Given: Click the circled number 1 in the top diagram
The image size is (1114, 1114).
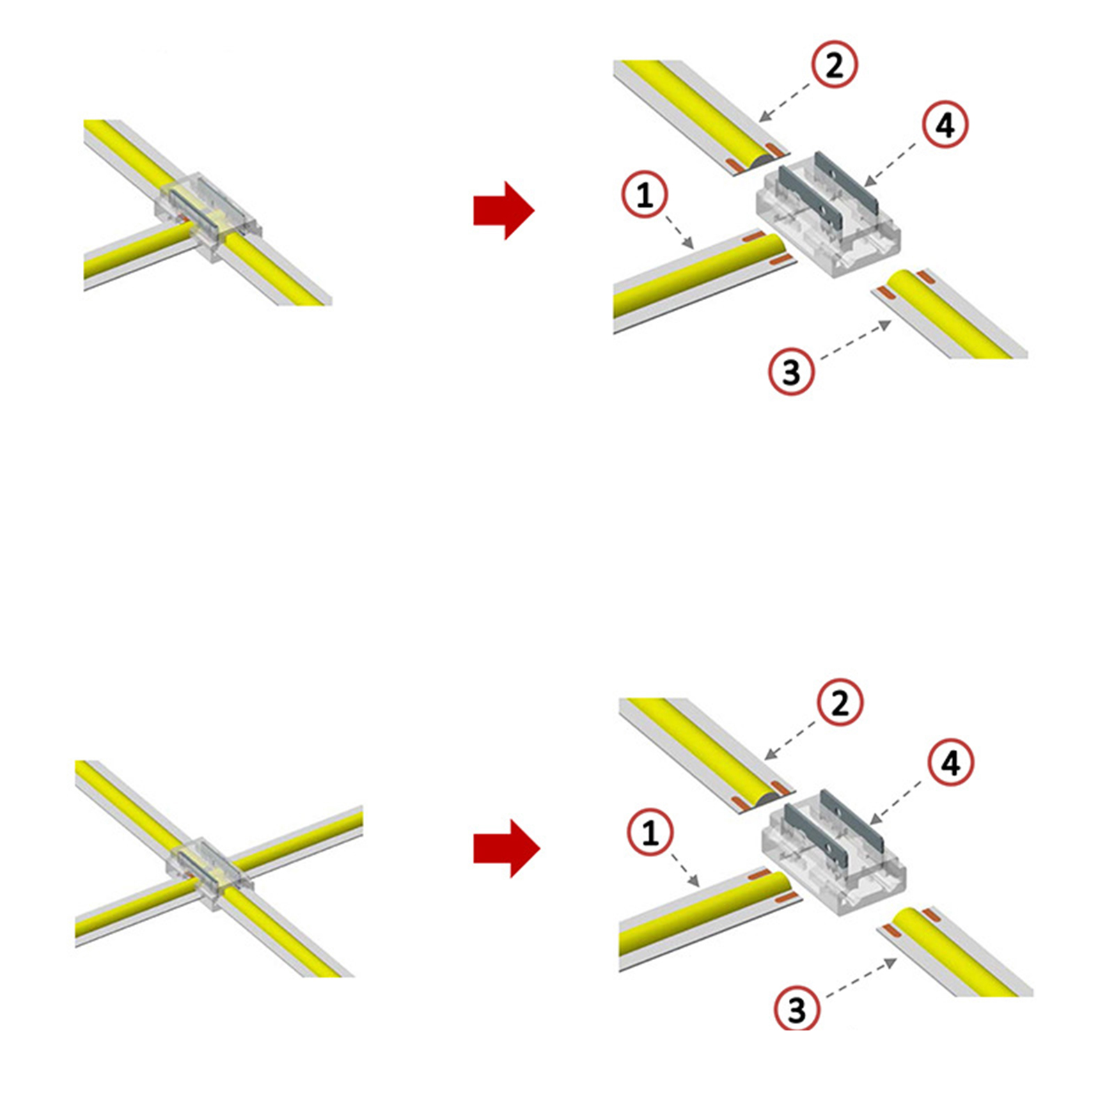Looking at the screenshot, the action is click(645, 194).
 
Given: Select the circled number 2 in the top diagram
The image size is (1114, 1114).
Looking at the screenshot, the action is click(834, 65).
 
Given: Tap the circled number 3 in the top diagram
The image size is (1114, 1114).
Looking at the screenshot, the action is click(792, 372).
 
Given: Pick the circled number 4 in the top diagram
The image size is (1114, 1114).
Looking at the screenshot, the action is click(946, 125).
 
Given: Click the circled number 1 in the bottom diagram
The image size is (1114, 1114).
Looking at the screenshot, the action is click(650, 832).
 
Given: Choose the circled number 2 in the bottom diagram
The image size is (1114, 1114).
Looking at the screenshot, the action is click(840, 703).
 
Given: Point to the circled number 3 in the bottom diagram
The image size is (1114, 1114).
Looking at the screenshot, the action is click(797, 1010).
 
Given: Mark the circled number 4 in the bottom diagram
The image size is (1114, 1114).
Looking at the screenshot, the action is click(951, 763).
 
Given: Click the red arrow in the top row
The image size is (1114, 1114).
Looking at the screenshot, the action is click(503, 210).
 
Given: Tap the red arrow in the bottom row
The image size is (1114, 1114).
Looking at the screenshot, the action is click(506, 848).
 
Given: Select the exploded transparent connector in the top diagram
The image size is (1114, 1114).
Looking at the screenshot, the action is click(829, 214).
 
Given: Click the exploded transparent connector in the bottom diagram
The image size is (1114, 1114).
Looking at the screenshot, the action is click(834, 852).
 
